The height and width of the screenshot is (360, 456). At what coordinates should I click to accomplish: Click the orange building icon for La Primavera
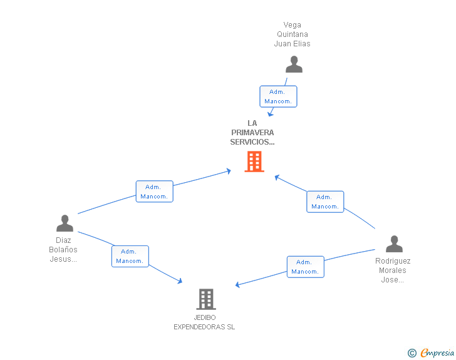[x=254, y=162]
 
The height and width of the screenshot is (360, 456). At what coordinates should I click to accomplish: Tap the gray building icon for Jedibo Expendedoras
[x=206, y=299]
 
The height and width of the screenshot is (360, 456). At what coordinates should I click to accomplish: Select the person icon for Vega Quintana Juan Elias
[x=294, y=64]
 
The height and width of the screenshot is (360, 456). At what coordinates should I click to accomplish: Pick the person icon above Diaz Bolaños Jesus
[x=65, y=223]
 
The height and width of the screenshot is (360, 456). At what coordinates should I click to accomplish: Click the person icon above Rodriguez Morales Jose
[x=394, y=244]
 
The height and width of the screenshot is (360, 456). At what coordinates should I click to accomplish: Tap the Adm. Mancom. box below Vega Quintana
[x=278, y=96]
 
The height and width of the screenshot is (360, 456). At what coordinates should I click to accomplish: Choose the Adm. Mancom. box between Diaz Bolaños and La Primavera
[x=155, y=192]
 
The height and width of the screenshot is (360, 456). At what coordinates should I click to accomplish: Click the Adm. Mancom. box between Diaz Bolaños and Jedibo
[x=130, y=256]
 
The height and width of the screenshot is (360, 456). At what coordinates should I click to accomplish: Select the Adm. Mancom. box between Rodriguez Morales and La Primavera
[x=325, y=202]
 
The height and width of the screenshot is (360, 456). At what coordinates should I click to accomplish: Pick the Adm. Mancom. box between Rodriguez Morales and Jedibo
[x=306, y=267]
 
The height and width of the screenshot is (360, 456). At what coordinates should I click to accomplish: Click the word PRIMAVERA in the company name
[x=252, y=133]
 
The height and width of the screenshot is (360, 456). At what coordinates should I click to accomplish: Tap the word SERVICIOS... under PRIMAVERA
[x=252, y=142]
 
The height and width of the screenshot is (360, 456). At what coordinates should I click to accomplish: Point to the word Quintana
[x=293, y=34]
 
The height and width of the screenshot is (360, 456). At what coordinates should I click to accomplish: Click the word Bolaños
[x=63, y=250]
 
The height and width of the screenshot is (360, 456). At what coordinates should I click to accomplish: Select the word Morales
[x=392, y=270]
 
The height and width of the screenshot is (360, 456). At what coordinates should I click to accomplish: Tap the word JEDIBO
[x=205, y=317]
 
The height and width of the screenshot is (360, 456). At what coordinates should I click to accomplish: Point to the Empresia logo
[x=437, y=353]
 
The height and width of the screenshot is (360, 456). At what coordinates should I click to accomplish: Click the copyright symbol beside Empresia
[x=412, y=353]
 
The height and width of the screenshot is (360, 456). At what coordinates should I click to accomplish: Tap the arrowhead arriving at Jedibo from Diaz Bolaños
[x=180, y=281]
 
